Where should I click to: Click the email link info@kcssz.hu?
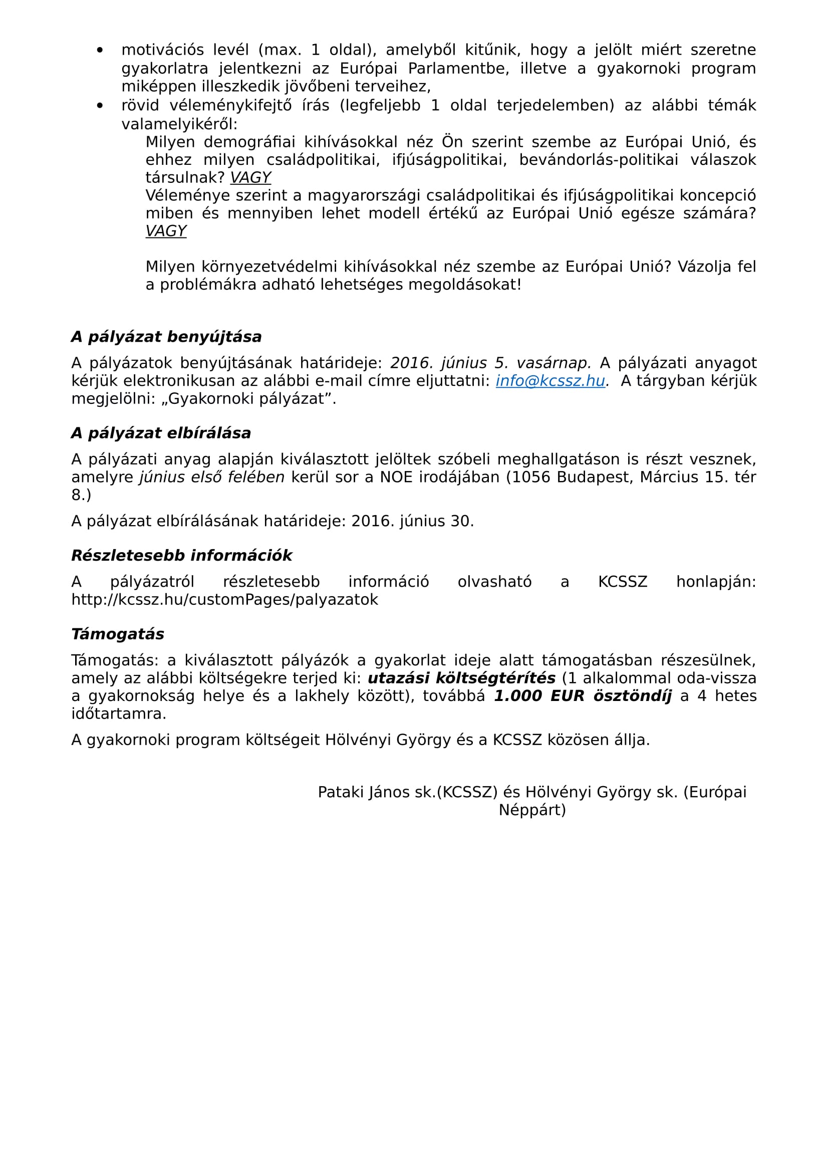tap(550, 381)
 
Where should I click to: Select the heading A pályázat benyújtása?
tap(166, 337)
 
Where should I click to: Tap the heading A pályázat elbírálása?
tap(161, 433)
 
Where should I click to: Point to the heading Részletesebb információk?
tap(182, 555)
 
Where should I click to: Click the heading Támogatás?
tap(117, 634)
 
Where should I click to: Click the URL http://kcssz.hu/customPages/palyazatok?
tap(224, 599)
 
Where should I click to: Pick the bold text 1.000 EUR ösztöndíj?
tap(583, 696)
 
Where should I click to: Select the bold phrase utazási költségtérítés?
tap(461, 678)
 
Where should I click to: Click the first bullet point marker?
tap(100, 50)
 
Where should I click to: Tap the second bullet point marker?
tap(100, 106)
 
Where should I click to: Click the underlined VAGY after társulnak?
tap(250, 178)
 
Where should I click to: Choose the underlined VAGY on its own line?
tap(166, 231)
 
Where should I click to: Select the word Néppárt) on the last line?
tap(532, 810)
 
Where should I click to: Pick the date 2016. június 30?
tap(412, 521)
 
